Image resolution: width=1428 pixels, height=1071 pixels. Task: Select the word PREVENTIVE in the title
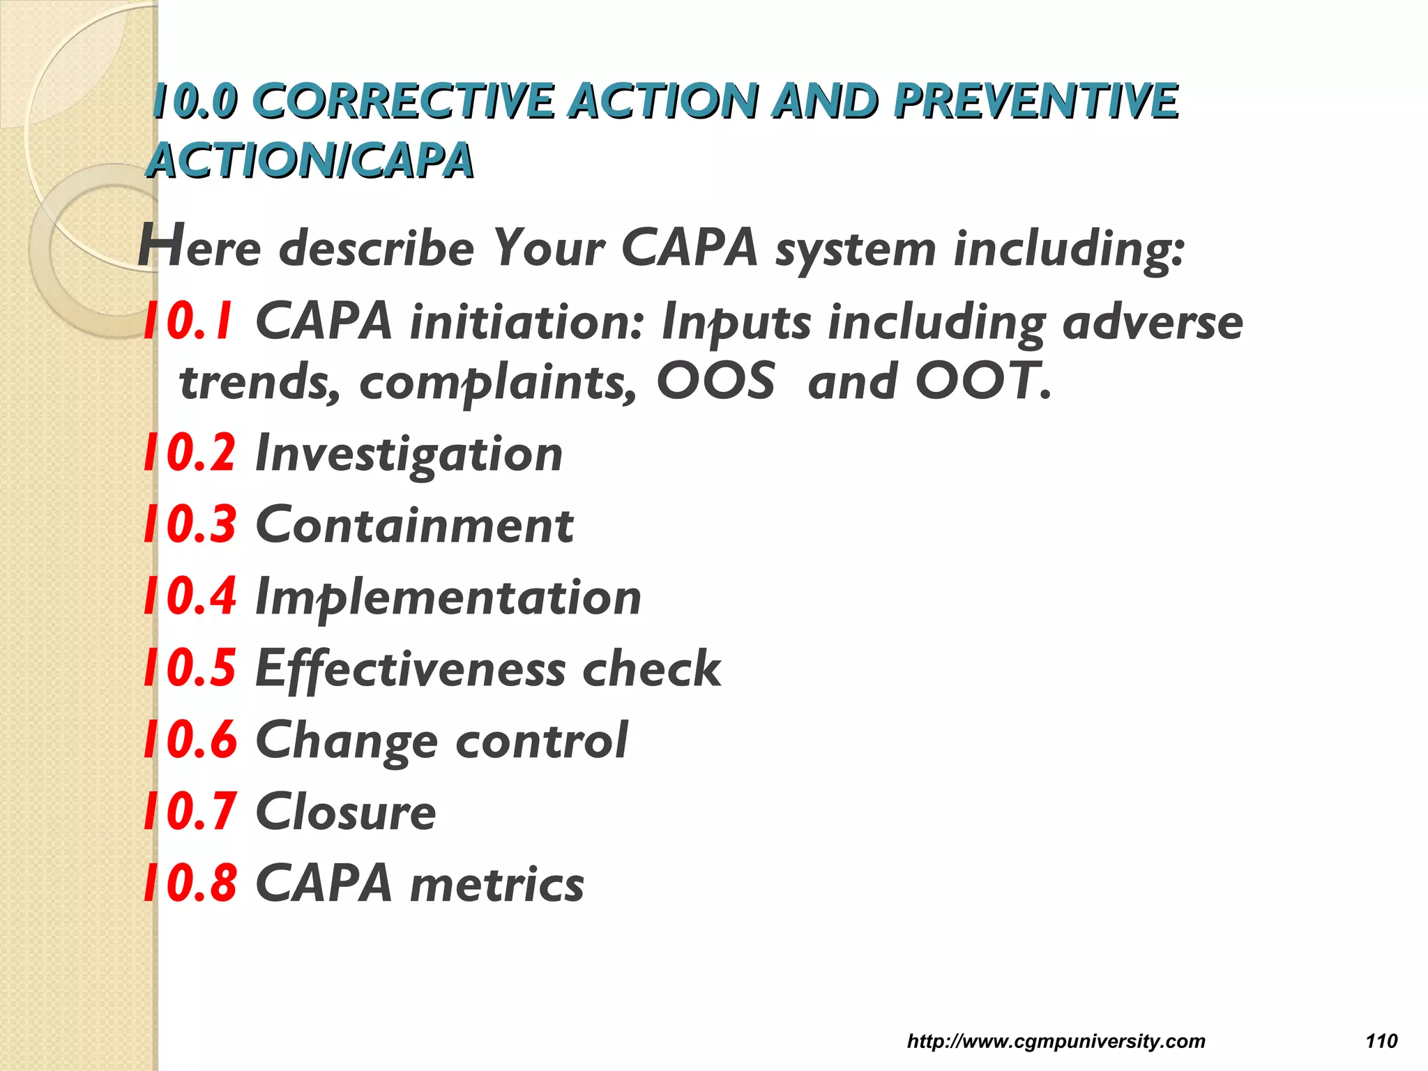point(1036,100)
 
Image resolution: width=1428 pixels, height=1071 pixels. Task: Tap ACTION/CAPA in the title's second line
point(311,160)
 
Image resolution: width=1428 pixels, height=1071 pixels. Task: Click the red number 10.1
point(188,321)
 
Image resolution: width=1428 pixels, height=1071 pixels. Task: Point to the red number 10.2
point(190,453)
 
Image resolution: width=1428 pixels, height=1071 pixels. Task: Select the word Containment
point(414,525)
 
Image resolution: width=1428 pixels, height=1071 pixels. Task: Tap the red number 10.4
point(190,597)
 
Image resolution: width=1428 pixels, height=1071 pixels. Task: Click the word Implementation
point(448,598)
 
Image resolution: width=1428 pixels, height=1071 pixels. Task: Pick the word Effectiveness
point(410,669)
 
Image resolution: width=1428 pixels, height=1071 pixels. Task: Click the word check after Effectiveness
point(651,669)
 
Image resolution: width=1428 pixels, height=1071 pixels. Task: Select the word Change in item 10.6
point(346,741)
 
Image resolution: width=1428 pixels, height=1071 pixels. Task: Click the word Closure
point(346,812)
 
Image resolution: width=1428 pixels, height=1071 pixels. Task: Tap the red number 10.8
point(190,883)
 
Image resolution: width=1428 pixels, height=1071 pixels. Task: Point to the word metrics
point(497,884)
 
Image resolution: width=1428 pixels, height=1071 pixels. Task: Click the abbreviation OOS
point(715,381)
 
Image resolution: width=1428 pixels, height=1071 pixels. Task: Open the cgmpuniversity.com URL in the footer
point(1056,1041)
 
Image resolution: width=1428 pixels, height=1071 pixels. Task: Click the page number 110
point(1381,1041)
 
